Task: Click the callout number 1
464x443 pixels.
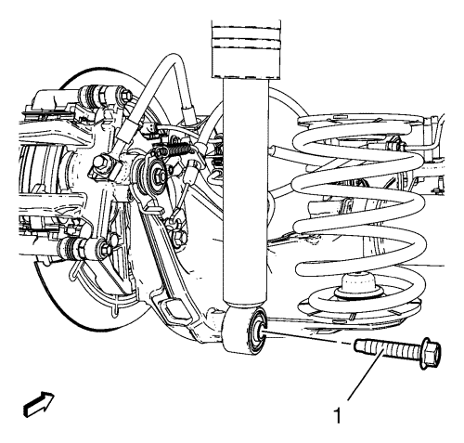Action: tap(338, 416)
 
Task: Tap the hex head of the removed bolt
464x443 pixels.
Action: tap(430, 353)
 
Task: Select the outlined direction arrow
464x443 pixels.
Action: tap(39, 403)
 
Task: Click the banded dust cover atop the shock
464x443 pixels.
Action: tap(246, 49)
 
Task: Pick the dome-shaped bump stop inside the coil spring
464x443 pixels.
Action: tap(359, 286)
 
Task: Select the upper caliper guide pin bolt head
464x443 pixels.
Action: tap(124, 95)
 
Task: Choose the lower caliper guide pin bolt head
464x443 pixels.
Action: tap(105, 248)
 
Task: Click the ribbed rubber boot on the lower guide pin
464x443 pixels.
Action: tap(71, 248)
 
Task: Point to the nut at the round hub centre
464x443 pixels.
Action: tap(160, 176)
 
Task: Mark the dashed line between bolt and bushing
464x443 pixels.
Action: tap(307, 337)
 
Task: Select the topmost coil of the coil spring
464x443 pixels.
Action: tap(359, 124)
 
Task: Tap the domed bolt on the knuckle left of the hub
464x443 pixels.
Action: tap(100, 163)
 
